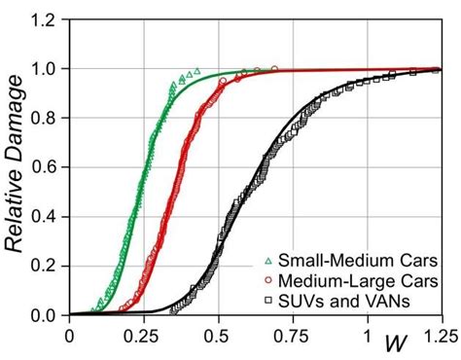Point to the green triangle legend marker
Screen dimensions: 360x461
click(268, 261)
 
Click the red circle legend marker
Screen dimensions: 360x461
click(268, 281)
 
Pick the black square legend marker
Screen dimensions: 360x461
click(268, 302)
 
